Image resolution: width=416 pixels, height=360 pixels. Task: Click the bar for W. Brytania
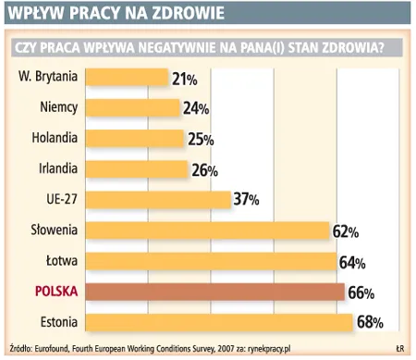tap(127, 78)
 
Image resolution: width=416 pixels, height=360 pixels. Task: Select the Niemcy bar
tap(133, 108)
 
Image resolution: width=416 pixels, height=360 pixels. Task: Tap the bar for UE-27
tap(157, 199)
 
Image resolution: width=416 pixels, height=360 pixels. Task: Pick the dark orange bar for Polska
tap(214, 292)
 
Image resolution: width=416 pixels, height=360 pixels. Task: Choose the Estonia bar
tap(218, 322)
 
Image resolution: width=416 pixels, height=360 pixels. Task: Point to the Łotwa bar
tap(212, 261)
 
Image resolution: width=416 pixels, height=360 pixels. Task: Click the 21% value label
tap(184, 80)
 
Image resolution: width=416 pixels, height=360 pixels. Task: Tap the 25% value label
tap(200, 140)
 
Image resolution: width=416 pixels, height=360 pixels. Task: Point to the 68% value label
tap(369, 323)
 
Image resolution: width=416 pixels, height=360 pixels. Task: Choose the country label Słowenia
tap(53, 230)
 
